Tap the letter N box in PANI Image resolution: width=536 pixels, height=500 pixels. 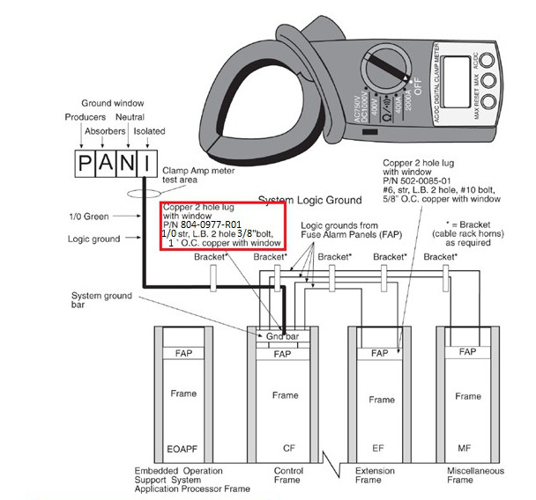[x=129, y=164]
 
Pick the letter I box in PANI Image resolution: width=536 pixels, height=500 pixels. [x=150, y=164]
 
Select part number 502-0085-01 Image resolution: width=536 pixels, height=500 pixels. [x=433, y=181]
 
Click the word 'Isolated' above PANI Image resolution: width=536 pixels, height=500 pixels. [x=150, y=131]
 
